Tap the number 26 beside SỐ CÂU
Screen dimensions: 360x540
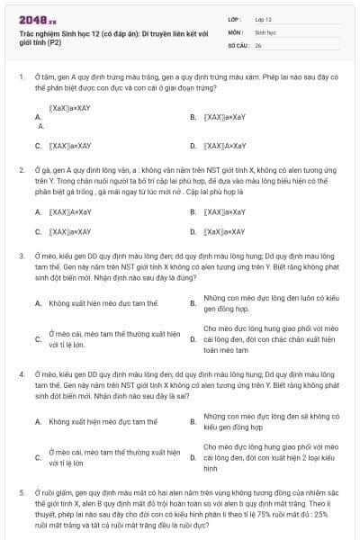(x=258, y=43)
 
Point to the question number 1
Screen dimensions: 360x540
(x=21, y=77)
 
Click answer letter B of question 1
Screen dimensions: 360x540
(x=193, y=118)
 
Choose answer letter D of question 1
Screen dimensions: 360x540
(x=193, y=144)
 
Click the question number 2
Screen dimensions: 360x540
(x=21, y=169)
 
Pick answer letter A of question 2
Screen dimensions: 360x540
(x=38, y=212)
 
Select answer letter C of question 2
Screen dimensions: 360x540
(x=38, y=231)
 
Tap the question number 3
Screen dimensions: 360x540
(x=21, y=256)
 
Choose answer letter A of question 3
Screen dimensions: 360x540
(x=38, y=303)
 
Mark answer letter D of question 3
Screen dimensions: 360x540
(x=193, y=339)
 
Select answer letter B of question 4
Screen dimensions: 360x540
(x=193, y=420)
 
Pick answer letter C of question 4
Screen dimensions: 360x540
(x=38, y=457)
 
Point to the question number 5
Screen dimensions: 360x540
(x=21, y=494)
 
